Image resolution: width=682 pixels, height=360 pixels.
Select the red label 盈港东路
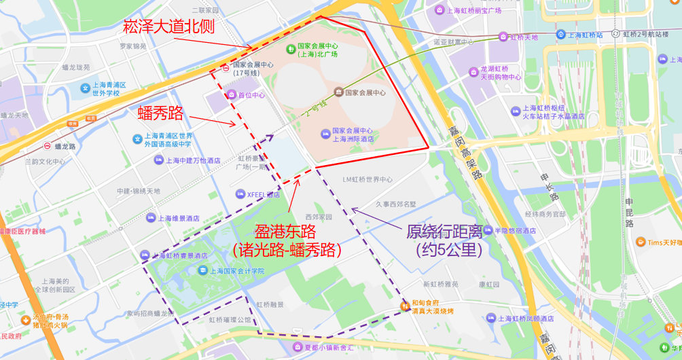click(x=285, y=231)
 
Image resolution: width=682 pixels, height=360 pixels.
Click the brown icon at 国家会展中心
click(x=338, y=92)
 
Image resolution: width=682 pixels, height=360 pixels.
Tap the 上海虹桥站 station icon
click(x=561, y=34)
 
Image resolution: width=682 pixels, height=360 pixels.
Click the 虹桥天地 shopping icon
click(x=503, y=37)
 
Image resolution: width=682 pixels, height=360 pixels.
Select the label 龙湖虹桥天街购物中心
click(x=500, y=73)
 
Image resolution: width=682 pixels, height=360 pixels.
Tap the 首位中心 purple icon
click(x=231, y=95)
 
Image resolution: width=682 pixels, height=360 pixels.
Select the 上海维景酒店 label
click(x=179, y=219)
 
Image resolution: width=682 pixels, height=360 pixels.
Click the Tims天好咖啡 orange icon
click(x=641, y=242)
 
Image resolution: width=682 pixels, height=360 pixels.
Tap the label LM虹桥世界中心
click(x=367, y=180)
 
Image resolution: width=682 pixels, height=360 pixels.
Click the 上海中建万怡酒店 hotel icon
click(x=158, y=160)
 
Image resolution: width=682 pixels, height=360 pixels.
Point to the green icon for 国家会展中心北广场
click(x=291, y=49)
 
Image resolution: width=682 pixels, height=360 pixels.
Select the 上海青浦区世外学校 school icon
click(x=85, y=88)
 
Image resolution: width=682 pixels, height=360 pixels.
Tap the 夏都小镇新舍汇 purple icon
click(x=298, y=348)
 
